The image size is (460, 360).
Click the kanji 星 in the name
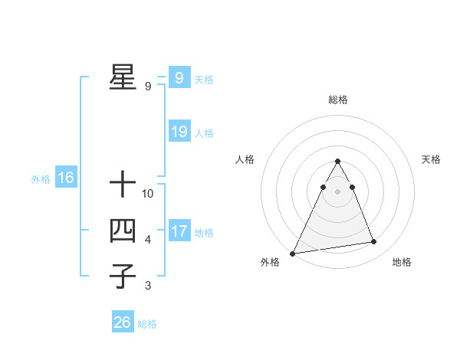point(122,77)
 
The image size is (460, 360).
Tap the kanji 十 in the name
point(122,185)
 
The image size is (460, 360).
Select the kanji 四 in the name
point(122,231)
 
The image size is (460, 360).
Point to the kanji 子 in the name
point(122,276)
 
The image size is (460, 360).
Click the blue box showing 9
point(179,78)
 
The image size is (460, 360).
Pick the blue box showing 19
point(179,132)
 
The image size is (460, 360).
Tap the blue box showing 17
point(179,231)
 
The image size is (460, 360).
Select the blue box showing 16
point(65,178)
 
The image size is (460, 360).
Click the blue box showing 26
point(122,322)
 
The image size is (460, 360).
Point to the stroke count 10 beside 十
point(148,194)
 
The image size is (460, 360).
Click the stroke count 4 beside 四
point(148,240)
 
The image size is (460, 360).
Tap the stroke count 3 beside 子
point(148,286)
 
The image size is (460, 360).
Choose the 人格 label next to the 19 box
point(204,133)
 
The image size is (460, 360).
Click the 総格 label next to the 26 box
point(147,324)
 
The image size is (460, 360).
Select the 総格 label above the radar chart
point(338,100)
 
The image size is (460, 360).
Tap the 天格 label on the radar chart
point(432,159)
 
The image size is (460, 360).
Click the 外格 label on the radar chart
point(270,262)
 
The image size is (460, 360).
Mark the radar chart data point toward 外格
point(293,253)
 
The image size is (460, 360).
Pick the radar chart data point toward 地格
point(374,242)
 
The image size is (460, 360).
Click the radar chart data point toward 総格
point(337,162)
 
